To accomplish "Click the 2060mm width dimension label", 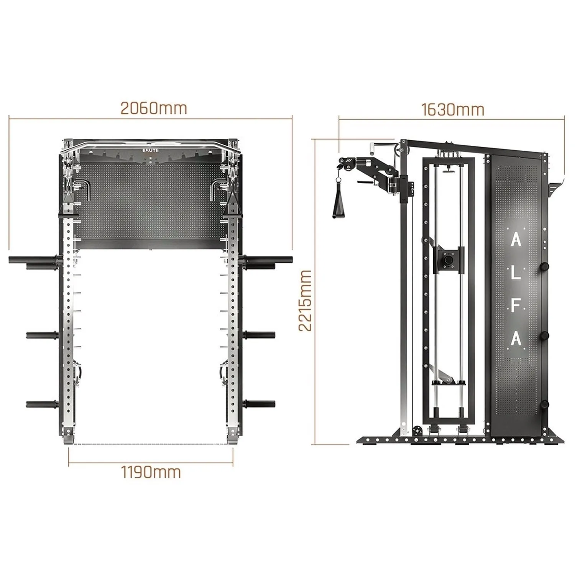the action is coord(154,108).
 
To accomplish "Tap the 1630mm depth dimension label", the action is coord(453,110).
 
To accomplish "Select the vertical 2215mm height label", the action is coord(305,300).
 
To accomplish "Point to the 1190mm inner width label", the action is coord(151,472).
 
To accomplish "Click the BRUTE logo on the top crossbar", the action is coord(150,151).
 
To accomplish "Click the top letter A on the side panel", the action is coord(516,240).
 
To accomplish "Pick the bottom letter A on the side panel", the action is coord(516,339).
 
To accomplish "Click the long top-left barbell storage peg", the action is coord(34,260).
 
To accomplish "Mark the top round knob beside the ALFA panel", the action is coord(544,266).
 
